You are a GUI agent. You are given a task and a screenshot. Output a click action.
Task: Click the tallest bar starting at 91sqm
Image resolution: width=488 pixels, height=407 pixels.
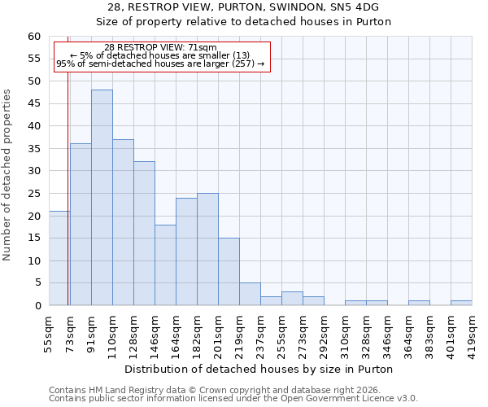tap(102, 198)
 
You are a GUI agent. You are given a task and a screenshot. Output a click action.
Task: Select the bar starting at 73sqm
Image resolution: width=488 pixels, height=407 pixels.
tap(81, 225)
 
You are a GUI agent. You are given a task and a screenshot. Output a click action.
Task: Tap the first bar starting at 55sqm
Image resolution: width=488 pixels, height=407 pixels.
tap(59, 258)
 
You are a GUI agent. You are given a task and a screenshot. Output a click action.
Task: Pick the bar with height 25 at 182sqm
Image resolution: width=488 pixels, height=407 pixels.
tap(207, 249)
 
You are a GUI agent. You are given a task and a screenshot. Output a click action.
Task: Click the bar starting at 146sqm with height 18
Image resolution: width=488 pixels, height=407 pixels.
tap(165, 265)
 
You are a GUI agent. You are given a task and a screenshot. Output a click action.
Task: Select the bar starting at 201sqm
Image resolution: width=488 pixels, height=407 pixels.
tap(229, 272)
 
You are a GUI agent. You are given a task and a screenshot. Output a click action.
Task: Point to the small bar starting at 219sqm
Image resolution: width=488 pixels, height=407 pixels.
tap(250, 295)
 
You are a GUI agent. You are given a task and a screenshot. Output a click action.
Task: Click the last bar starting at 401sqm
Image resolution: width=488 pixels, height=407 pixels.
tap(461, 304)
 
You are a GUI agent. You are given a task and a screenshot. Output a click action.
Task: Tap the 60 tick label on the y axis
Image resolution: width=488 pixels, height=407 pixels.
tap(33, 37)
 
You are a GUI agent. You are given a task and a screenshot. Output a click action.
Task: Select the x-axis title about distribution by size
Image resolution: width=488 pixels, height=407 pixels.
tap(259, 370)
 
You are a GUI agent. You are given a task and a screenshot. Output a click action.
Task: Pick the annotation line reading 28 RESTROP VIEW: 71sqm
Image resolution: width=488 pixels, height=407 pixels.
tap(160, 47)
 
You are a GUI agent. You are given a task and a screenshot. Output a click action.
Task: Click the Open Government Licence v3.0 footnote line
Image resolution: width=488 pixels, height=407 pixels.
tap(233, 398)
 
